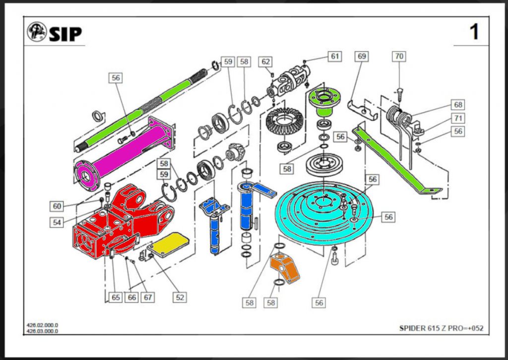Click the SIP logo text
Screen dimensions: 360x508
pos(65,34)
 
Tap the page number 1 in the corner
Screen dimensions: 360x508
pos(474,32)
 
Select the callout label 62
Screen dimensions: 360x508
pos(266,62)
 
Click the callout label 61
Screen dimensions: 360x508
pos(335,56)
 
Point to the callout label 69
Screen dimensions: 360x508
pos(361,56)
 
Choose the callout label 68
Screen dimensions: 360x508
pos(457,105)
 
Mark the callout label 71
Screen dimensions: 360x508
pos(457,118)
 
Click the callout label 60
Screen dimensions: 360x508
pos(58,206)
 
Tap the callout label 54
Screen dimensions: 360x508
pos(58,222)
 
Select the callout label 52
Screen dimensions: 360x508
pos(180,297)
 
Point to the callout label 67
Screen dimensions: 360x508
pos(148,297)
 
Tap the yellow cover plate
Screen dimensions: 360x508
pos(170,244)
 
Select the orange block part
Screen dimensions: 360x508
pos(285,269)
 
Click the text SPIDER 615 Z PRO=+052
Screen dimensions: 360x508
pos(441,328)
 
